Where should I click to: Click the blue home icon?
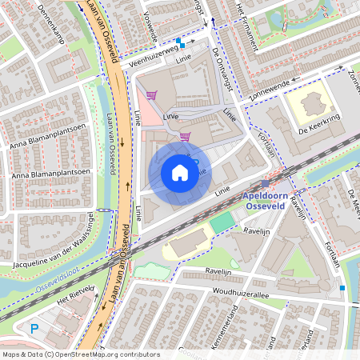point(180,172)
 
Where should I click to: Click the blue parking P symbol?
point(34,328)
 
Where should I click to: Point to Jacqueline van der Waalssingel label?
point(60,255)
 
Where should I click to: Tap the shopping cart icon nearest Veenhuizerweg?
point(150,95)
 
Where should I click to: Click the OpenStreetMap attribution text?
point(80,354)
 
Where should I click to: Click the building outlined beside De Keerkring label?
point(307,105)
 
